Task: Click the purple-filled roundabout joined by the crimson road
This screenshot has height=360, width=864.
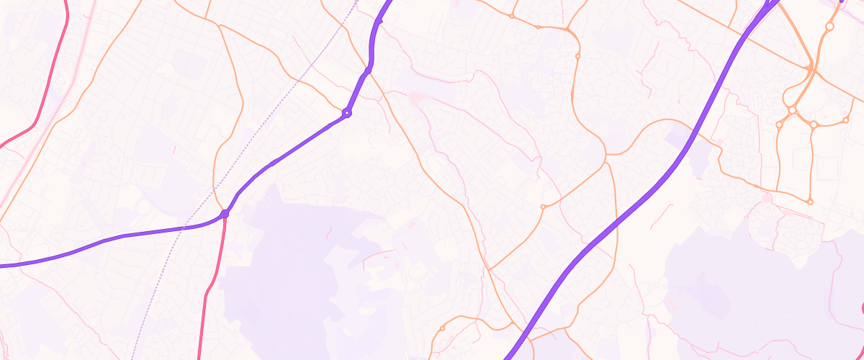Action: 225,214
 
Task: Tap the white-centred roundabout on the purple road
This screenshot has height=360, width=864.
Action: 347,113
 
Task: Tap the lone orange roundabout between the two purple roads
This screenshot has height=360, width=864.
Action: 542,207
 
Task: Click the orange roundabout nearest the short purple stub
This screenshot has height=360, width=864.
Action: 829,26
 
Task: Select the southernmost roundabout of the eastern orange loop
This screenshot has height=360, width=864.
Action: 810,202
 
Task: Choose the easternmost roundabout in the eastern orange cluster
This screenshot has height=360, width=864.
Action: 846,120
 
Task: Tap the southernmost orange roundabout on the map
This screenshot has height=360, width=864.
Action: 442,328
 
